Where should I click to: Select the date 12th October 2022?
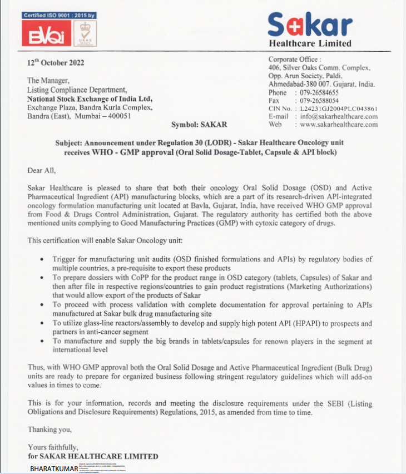(56, 62)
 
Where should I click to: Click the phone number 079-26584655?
(319, 92)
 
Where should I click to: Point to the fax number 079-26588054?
(319, 100)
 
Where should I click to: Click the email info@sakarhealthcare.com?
(339, 116)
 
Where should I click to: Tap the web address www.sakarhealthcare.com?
(339, 124)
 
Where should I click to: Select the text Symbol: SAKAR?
(196, 125)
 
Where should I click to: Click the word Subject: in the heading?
(70, 142)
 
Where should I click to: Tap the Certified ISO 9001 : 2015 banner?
(60, 15)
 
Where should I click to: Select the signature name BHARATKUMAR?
(54, 469)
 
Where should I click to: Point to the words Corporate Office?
(293, 60)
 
